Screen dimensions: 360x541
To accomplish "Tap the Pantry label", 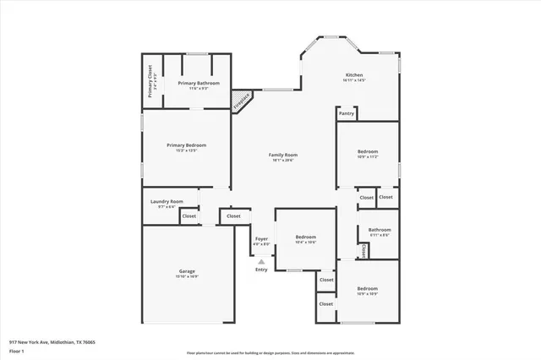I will point(346,113).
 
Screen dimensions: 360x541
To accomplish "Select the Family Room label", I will point(283,155).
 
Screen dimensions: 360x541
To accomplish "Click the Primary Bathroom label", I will point(199,83).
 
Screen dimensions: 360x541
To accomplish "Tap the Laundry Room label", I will point(167,201).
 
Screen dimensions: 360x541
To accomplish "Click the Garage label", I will point(186,271).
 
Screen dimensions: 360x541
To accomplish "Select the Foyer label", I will point(262,239).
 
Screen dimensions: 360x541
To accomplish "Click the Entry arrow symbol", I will point(261,262).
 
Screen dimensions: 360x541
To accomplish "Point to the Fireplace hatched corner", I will point(243,101).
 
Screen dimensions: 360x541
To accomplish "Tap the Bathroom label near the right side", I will point(380,230).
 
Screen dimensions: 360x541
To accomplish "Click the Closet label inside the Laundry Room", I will point(189,216).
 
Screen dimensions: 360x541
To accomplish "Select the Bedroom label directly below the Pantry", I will point(367,152).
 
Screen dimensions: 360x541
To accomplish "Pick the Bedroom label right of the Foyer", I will point(305,237).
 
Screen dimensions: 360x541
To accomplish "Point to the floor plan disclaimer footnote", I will point(271,352).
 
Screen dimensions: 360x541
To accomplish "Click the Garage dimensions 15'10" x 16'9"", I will point(186,276).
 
